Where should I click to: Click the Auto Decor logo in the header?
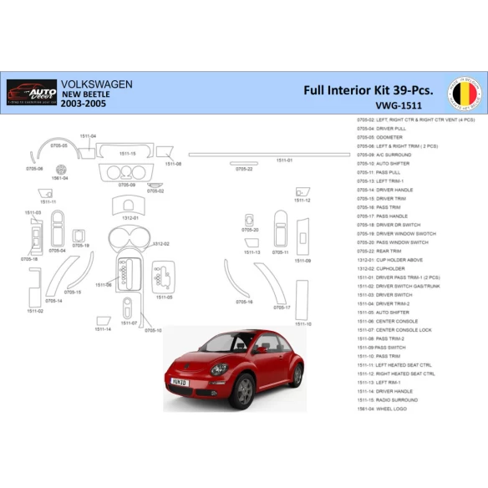click(32, 91)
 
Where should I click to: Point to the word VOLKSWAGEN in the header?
click(98, 84)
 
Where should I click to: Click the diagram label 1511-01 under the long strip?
click(284, 160)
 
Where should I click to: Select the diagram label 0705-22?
click(244, 169)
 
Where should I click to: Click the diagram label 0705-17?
click(282, 307)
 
